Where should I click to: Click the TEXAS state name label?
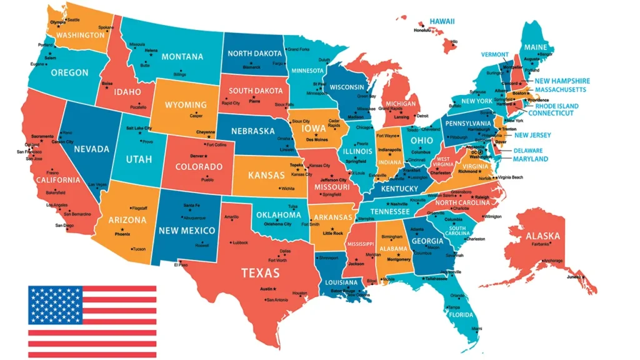pyautogui.click(x=261, y=272)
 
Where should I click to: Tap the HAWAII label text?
pyautogui.click(x=442, y=21)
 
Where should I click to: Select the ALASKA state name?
pyautogui.click(x=542, y=236)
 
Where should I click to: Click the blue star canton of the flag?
pyautogui.click(x=55, y=305)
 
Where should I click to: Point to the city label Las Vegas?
pyautogui.click(x=97, y=184)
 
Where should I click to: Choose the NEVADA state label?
pyautogui.click(x=91, y=149)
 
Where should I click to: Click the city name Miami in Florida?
pyautogui.click(x=477, y=328)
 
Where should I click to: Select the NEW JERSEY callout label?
pyautogui.click(x=532, y=135)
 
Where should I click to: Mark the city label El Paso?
pyautogui.click(x=181, y=264)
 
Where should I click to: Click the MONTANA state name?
pyautogui.click(x=182, y=56)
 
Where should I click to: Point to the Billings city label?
pyautogui.click(x=180, y=74)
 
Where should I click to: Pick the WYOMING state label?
pyautogui.click(x=186, y=105)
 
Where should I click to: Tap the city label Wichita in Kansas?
pyautogui.click(x=287, y=188)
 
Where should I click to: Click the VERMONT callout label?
pyautogui.click(x=495, y=54)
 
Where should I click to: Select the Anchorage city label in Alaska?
pyautogui.click(x=552, y=260)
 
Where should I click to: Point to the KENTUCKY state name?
pyautogui.click(x=399, y=189)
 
